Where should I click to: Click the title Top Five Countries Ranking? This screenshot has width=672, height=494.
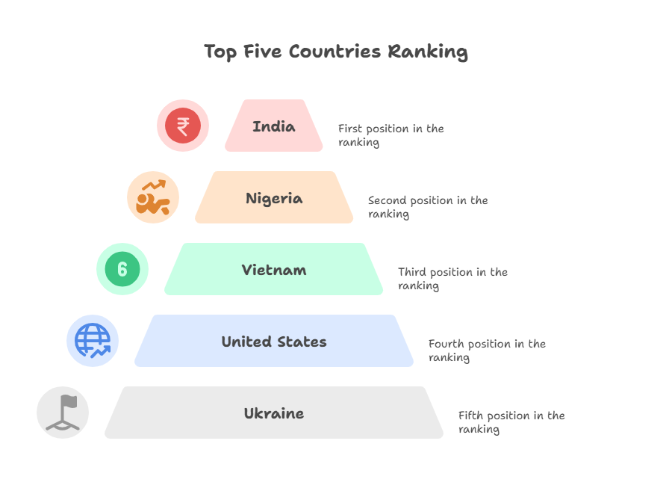336,52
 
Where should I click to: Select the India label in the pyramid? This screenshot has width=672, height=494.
274,126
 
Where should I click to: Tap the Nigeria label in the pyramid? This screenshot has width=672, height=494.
274,198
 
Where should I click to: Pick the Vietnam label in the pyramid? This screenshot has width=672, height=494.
274,270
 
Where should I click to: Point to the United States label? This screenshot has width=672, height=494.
274,342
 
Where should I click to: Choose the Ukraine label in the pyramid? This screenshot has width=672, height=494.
274,413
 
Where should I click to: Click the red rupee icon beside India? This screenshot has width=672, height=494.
183,126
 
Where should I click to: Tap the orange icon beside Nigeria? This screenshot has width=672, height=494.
153,197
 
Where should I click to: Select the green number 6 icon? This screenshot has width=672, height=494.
122,269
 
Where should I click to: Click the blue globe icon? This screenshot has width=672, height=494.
93,341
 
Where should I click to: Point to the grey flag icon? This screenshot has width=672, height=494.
63,413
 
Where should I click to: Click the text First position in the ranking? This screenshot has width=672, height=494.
391,135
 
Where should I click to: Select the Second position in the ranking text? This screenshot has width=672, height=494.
428,207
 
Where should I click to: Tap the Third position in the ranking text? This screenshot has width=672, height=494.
452,279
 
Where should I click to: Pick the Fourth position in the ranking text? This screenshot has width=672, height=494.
487,351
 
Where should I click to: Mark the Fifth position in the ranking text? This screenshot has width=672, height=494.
511,422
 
